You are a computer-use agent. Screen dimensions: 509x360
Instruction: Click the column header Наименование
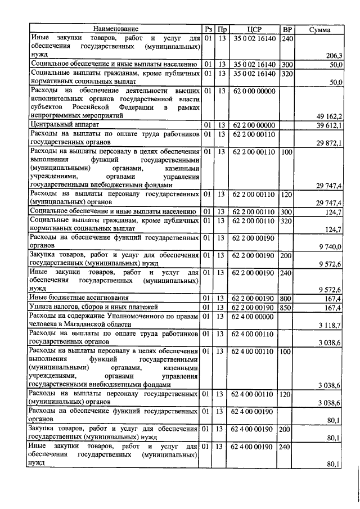point(116,29)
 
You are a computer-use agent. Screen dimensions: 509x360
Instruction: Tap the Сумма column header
point(319,29)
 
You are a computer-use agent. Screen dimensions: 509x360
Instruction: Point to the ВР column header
point(287,29)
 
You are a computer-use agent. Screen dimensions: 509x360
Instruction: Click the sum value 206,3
point(335,55)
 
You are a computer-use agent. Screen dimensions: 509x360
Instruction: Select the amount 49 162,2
point(332,116)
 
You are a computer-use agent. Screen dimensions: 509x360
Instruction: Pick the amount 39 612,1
point(332,125)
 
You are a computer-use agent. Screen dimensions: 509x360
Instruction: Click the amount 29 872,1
point(332,143)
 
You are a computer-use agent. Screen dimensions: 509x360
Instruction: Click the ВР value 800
point(287,298)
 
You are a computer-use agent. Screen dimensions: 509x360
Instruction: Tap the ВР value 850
point(287,307)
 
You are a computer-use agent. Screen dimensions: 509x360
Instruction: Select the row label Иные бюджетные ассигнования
point(79,298)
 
